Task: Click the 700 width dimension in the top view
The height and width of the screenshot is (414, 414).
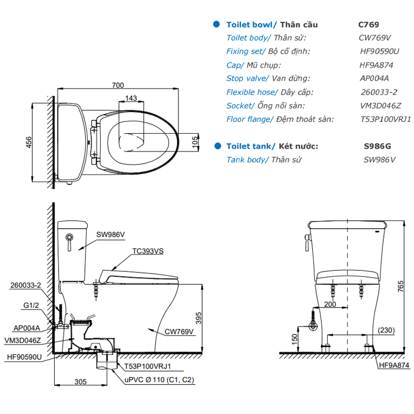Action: (x=117, y=85)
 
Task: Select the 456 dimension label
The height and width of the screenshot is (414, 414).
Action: (x=29, y=143)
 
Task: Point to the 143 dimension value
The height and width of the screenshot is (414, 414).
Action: (x=130, y=98)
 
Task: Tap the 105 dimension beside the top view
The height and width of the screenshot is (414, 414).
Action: (x=195, y=140)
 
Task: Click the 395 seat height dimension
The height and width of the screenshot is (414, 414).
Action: (x=197, y=318)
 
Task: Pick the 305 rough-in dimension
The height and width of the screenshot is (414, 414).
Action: (x=81, y=383)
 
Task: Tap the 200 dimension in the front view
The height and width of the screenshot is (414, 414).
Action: (x=330, y=304)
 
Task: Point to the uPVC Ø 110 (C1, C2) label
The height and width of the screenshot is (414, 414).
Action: (x=156, y=379)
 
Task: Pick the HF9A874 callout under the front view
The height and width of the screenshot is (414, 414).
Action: (x=394, y=365)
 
